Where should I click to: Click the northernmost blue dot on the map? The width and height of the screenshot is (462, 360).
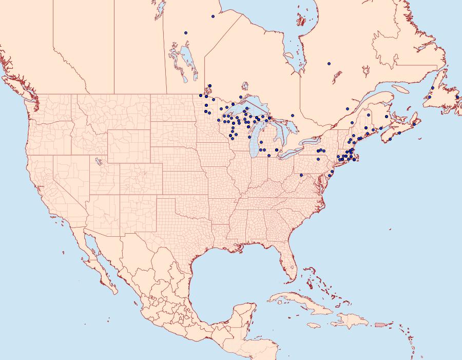[213, 16]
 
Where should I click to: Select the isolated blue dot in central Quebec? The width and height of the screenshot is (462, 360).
[329, 64]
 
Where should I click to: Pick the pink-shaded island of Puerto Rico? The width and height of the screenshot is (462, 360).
[380, 324]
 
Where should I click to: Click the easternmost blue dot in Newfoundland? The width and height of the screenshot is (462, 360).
[457, 97]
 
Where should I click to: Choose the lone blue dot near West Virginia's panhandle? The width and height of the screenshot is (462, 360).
[301, 175]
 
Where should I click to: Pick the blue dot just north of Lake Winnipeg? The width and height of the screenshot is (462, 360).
[186, 33]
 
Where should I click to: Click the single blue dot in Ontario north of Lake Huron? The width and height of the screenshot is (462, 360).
[292, 116]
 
